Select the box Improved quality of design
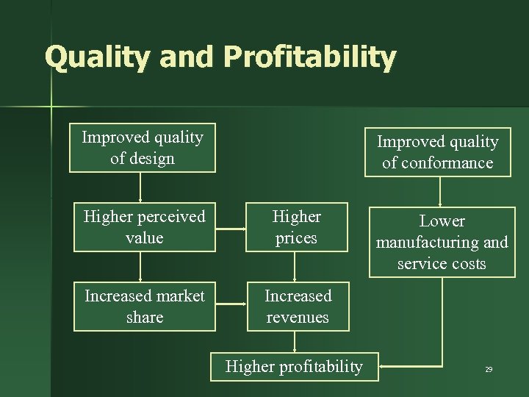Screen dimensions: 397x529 (143, 148)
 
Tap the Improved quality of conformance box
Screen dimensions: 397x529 (438, 152)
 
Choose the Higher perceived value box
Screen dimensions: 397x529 (144, 227)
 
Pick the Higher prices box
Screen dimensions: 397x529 (296, 227)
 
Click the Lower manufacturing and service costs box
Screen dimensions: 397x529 (442, 242)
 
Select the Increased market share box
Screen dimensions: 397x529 (144, 307)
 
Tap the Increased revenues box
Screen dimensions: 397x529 (298, 307)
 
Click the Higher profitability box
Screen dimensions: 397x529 (294, 366)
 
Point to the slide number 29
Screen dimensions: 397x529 (489, 369)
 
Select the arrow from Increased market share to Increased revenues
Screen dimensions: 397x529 (231, 301)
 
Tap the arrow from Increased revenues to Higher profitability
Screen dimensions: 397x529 (295, 342)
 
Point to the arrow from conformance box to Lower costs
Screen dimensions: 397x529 (439, 190)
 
